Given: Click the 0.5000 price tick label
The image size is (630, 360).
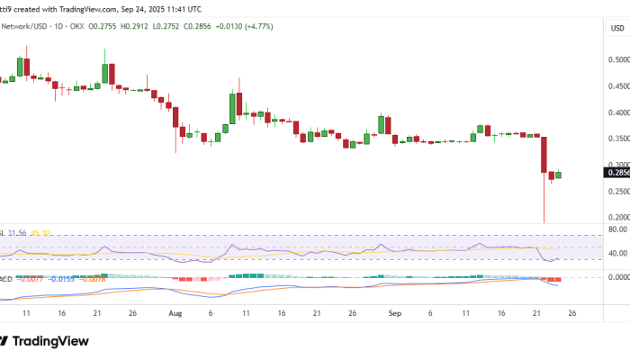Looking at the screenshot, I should (616, 60).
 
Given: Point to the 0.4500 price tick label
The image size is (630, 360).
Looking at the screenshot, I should (616, 87).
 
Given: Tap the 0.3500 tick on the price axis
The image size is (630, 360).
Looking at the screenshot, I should (616, 139).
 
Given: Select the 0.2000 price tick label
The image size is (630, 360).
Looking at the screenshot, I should (616, 218).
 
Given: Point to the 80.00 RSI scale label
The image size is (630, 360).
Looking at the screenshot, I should (617, 229).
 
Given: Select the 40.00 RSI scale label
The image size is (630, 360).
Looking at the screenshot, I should (617, 253).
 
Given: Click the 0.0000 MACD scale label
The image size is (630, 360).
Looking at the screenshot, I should (616, 277).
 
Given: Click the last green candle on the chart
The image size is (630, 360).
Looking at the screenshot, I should (558, 175).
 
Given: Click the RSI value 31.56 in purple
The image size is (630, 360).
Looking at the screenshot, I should (17, 232).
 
